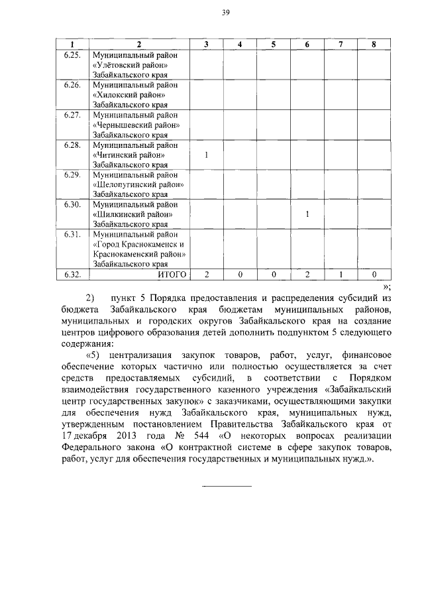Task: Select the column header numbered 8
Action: [x=374, y=44]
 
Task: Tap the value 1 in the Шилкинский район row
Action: [x=307, y=215]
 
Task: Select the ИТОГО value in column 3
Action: [x=207, y=274]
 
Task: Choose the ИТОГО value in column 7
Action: [x=341, y=274]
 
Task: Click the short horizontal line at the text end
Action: [x=226, y=487]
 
